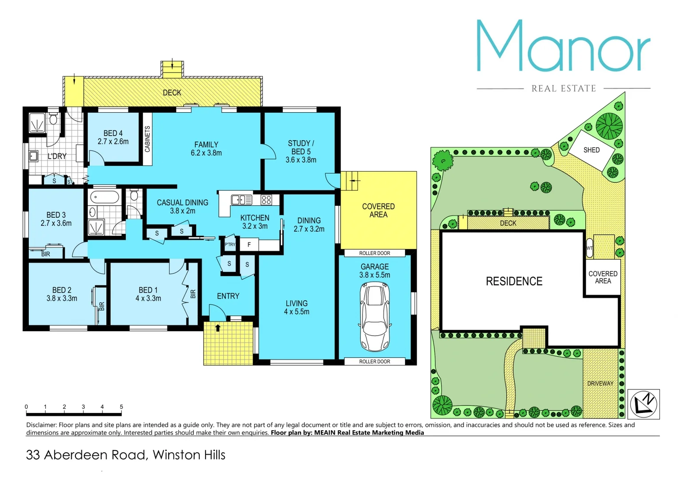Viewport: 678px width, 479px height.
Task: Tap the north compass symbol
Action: (x=644, y=404)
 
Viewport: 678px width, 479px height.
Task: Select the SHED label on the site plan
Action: (x=591, y=150)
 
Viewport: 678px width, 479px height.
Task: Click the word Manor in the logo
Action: (x=563, y=46)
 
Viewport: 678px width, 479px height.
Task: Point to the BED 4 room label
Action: (x=113, y=137)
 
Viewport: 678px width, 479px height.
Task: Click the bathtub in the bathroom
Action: (x=105, y=197)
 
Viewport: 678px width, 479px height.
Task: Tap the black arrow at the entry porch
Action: (x=217, y=328)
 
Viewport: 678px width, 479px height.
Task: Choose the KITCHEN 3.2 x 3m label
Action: (x=255, y=222)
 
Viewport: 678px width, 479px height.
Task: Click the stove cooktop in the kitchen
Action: (x=266, y=200)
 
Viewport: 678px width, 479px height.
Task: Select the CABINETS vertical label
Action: (x=147, y=139)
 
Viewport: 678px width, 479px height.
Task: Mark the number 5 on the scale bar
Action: (x=121, y=407)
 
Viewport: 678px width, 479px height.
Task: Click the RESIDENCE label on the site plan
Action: (x=514, y=281)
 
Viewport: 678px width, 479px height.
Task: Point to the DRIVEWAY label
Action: (x=600, y=383)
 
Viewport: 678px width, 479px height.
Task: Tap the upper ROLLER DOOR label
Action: (x=374, y=253)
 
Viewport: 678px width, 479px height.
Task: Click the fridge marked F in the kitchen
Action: (x=249, y=244)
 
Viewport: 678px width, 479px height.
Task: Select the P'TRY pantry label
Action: (x=230, y=244)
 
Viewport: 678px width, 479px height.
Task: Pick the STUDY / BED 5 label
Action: (x=301, y=151)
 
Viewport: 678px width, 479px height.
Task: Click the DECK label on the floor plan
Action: (x=172, y=93)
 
